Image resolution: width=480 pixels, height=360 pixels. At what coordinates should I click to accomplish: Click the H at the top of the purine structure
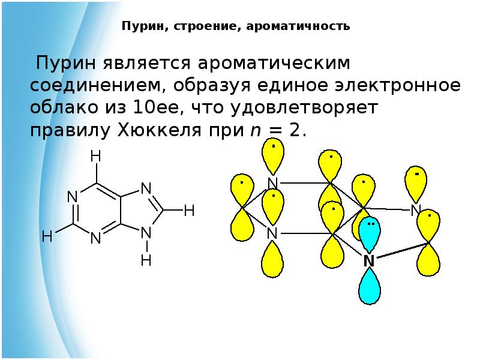(x=95, y=157)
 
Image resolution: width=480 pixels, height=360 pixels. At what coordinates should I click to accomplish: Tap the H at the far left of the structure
(x=47, y=237)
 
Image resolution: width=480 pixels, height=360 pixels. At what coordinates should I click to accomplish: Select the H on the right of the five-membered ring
(x=189, y=211)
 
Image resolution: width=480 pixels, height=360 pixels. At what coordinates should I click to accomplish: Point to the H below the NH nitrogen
(x=146, y=260)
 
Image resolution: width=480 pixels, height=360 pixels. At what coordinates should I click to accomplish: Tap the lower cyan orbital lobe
(x=370, y=287)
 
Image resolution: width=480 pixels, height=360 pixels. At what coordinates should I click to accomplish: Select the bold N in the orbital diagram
(x=368, y=261)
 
